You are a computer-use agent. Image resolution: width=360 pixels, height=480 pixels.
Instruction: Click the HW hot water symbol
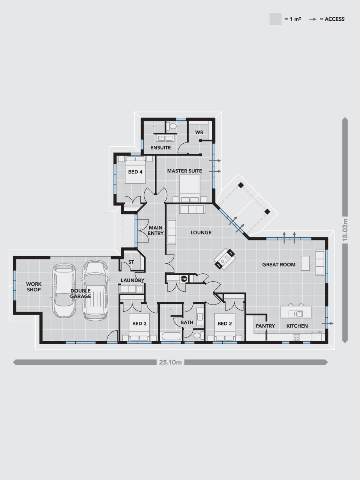[x=184, y=279]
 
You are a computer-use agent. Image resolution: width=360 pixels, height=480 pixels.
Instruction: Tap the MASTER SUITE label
[x=184, y=171]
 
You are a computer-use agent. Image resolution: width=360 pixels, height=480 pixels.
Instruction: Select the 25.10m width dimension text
[x=170, y=362]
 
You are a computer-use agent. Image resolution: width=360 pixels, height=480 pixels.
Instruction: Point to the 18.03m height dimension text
[x=345, y=231]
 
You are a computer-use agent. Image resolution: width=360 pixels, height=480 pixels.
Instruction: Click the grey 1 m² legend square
[x=275, y=19]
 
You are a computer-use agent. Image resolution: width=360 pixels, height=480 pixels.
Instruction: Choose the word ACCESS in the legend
[x=334, y=19]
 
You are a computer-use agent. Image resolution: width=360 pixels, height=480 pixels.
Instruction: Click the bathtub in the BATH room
[x=171, y=336]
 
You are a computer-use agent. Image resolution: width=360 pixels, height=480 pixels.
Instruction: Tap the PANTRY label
[x=265, y=326]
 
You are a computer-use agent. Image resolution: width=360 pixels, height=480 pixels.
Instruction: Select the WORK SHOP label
[x=34, y=287]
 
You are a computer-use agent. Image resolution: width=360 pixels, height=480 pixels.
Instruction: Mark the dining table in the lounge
[x=225, y=259]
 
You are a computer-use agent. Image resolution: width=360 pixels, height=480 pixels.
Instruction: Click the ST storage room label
[x=131, y=262]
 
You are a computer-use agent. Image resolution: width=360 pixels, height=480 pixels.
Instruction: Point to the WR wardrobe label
[x=199, y=132]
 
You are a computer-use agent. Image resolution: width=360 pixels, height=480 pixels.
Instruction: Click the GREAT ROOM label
[x=279, y=265]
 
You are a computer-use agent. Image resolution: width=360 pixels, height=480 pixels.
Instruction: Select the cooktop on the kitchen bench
[x=296, y=337]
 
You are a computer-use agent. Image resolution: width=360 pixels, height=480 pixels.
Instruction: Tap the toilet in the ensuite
[x=172, y=126]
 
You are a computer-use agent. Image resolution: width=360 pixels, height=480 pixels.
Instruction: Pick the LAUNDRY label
[x=132, y=280]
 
